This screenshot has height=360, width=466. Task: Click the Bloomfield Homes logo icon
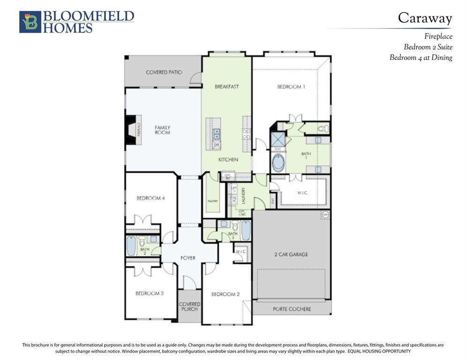point(30,22)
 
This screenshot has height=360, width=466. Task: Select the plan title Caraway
point(425,18)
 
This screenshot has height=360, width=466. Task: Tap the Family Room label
point(162,130)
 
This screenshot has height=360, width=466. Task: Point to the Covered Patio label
point(164,73)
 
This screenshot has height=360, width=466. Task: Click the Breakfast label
point(226,87)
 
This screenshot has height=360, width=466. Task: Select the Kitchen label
point(228,160)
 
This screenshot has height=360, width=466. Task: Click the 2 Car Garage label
point(291,255)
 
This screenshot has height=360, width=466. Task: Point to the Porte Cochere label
point(292,309)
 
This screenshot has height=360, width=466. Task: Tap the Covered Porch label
point(189,307)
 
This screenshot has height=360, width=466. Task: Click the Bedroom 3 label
point(149,293)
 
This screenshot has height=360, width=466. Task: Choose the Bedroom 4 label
point(150,198)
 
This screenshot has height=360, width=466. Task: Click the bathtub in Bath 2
point(131,246)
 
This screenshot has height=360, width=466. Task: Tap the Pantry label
point(213,201)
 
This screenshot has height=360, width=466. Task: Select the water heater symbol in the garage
point(325,215)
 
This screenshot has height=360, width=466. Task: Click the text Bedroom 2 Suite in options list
point(428,47)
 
